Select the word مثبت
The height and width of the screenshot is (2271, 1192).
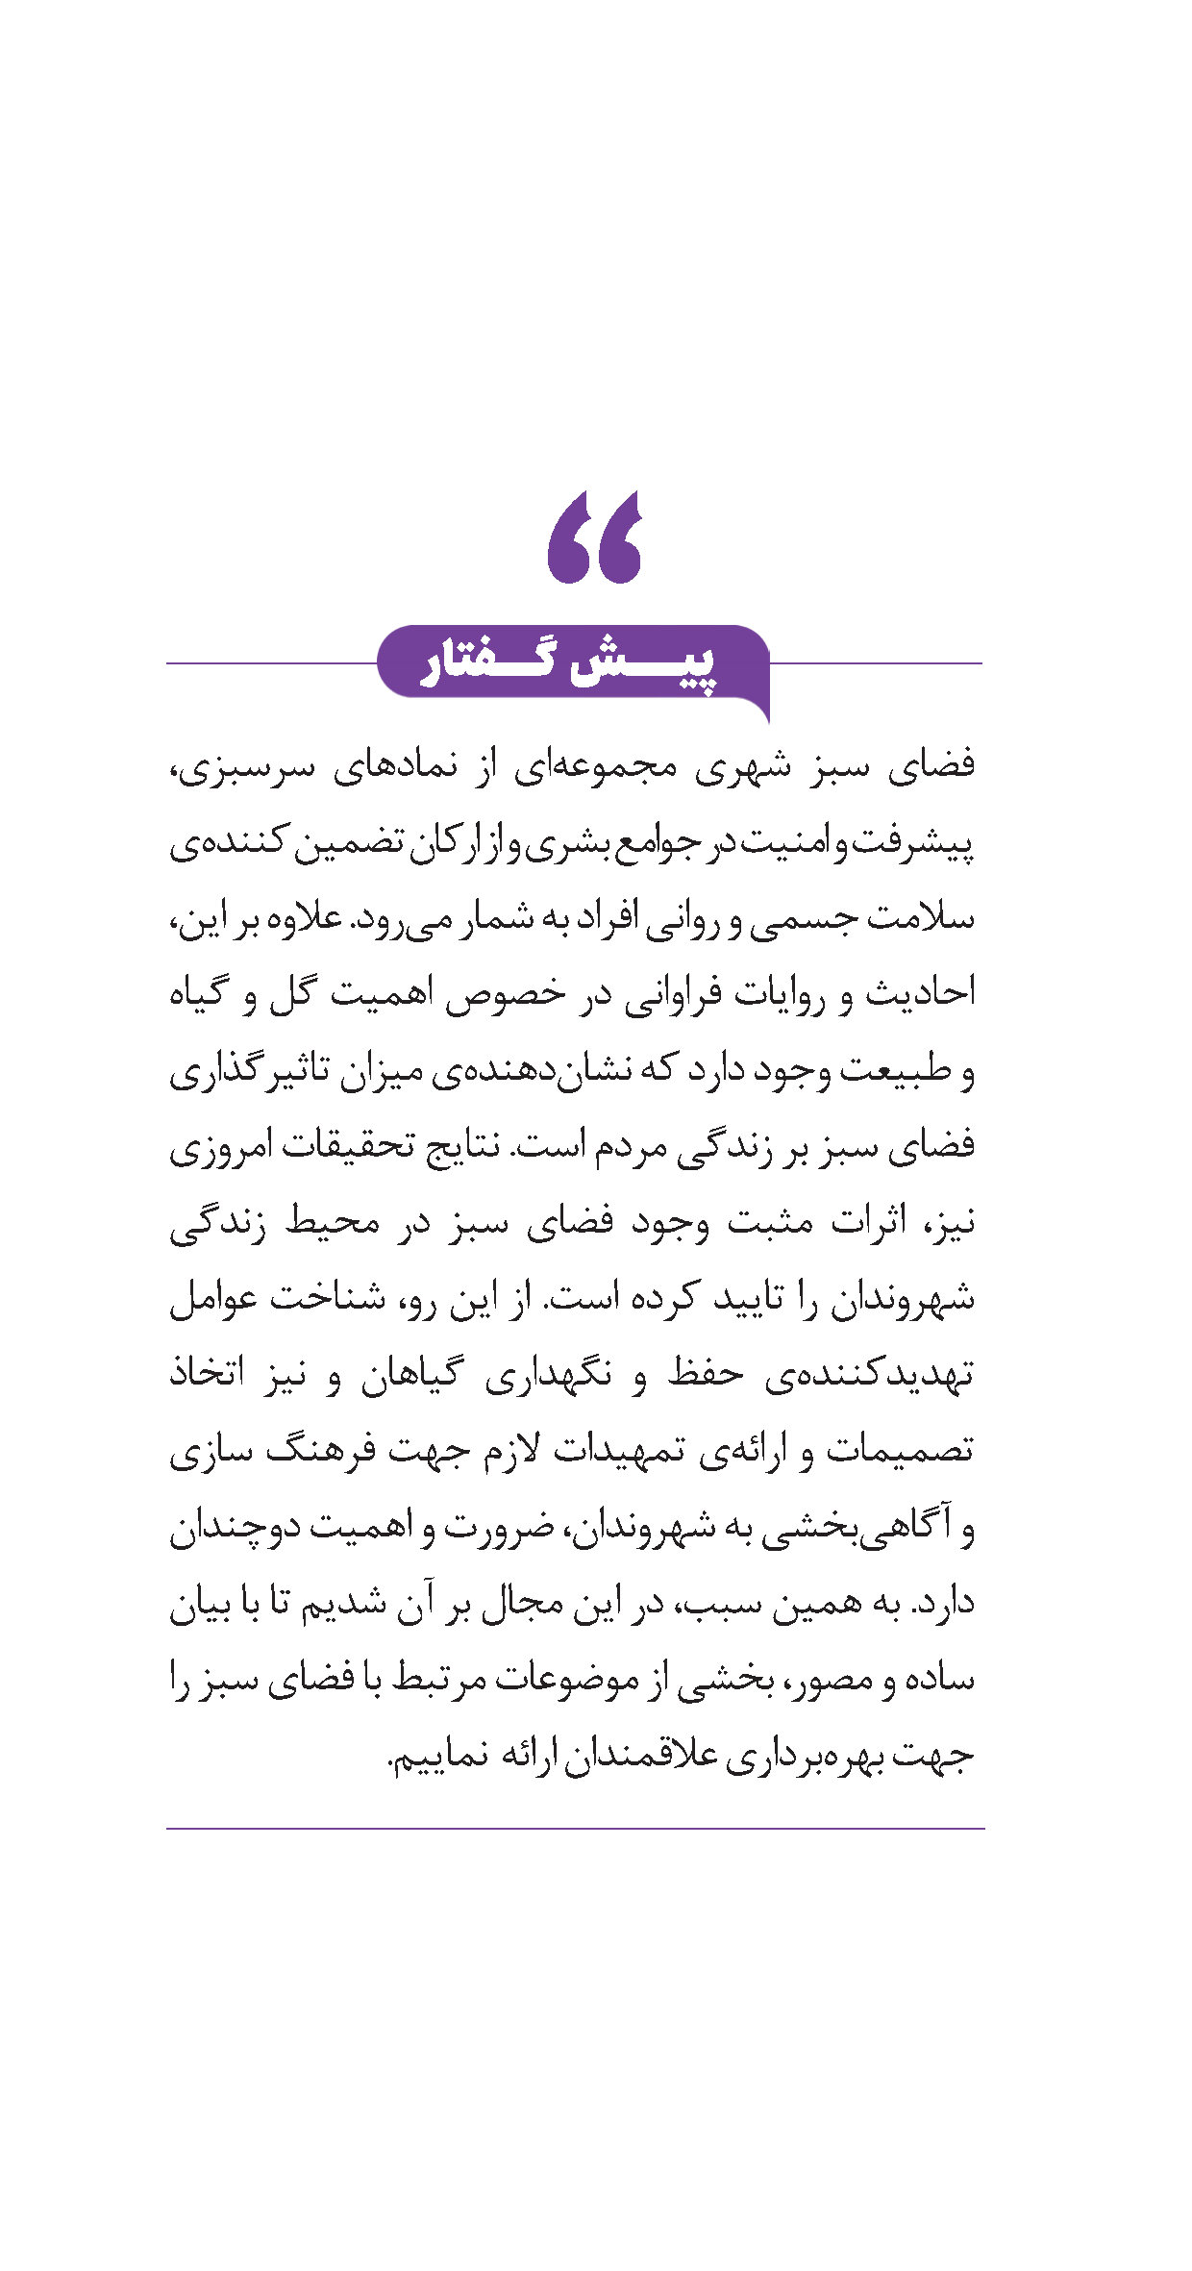point(768,1222)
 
